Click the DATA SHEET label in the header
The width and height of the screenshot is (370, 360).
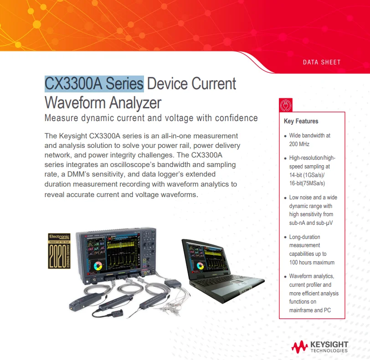(322, 62)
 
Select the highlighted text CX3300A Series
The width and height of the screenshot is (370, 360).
(94, 84)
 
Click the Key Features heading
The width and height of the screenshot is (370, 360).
(301, 122)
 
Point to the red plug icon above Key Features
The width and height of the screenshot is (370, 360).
(284, 105)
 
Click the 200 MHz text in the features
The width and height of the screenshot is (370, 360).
(299, 144)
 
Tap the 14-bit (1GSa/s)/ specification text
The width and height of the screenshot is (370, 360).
(308, 175)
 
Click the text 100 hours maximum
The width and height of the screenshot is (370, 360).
(312, 262)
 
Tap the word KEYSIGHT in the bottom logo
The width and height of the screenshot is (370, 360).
(329, 344)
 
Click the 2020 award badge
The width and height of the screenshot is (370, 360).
(59, 251)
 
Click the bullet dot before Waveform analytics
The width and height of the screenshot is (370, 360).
(285, 277)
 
